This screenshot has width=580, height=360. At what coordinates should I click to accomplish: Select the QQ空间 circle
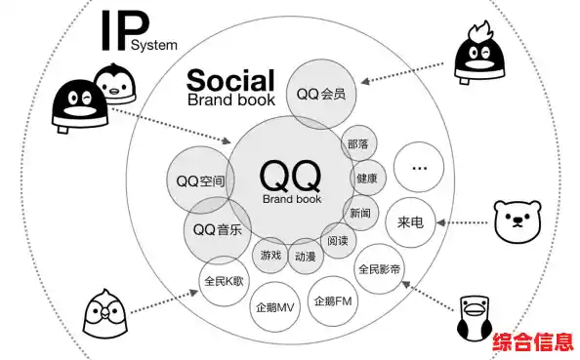[x=201, y=180]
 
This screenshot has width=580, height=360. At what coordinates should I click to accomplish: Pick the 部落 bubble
[x=357, y=143]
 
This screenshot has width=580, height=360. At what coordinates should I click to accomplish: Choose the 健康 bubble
[x=366, y=179]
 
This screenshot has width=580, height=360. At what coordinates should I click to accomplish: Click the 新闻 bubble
[x=359, y=213]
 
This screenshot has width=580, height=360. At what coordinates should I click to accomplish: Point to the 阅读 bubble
[x=338, y=240]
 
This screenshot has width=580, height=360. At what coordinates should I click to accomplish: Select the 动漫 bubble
[x=305, y=256]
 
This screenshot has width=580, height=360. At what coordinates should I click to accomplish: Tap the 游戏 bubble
[x=270, y=255]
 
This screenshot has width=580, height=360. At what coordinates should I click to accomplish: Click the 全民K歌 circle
[x=226, y=281]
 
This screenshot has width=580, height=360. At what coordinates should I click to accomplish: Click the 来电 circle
[x=410, y=221]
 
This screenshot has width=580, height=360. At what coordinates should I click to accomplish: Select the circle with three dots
[x=420, y=169]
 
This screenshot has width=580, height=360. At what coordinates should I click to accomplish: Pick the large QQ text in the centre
[x=291, y=176]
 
